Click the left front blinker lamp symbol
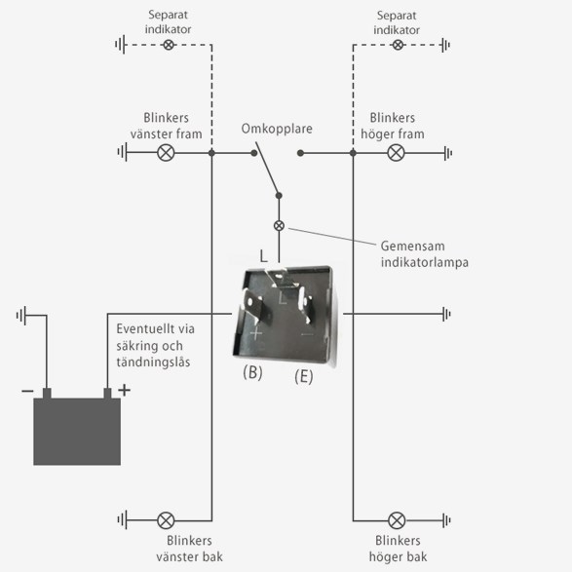166,152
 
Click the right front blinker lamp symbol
396,152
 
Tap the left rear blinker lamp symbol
166,520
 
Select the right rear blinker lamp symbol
397,520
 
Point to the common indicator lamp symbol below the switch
279,226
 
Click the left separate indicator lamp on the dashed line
169,45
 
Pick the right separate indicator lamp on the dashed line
398,45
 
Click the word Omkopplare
277,129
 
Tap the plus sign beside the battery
125,390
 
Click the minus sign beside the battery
27,391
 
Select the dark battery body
77,431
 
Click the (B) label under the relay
252,373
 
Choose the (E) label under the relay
303,376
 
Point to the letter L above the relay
263,256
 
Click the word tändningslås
153,362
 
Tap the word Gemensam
412,246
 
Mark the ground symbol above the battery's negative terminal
21,315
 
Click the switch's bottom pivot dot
279,196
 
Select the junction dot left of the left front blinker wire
211,153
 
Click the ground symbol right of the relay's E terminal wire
446,314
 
